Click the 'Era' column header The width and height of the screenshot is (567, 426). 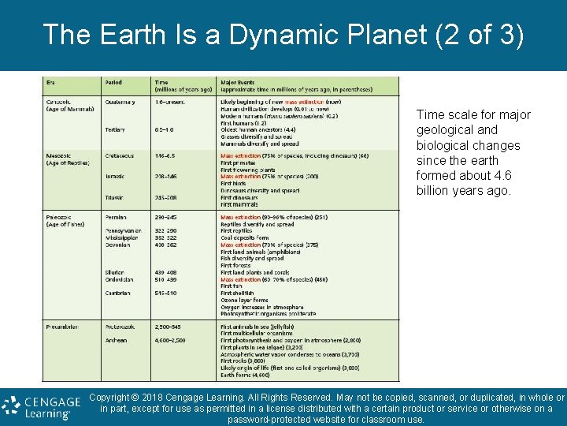point(51,83)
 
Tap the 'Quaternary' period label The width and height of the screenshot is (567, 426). point(119,102)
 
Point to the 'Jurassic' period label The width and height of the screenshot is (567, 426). point(116,176)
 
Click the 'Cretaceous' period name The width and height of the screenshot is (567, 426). point(120,156)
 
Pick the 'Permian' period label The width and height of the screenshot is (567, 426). point(117,217)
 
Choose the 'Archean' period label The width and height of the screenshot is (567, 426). point(117,340)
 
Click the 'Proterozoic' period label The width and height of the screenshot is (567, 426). point(121,326)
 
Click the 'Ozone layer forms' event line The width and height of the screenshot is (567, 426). point(244,300)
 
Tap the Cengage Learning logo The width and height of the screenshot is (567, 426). point(41,407)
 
